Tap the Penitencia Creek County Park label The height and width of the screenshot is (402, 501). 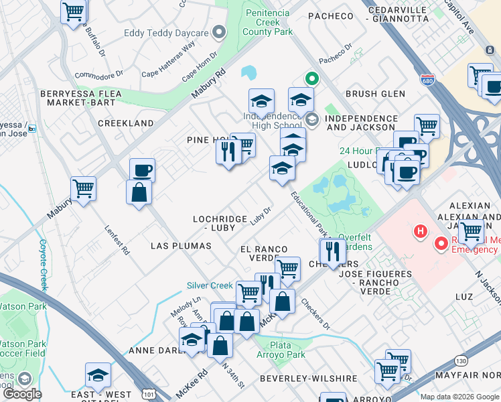(x=268, y=22)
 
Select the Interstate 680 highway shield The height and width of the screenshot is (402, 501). (x=427, y=80)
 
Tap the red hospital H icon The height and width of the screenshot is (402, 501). (x=421, y=232)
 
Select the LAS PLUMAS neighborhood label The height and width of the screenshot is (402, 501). (x=181, y=246)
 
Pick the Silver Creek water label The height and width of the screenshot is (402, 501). (x=210, y=285)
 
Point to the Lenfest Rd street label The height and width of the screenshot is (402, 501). (x=115, y=234)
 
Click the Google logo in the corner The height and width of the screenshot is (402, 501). (x=22, y=394)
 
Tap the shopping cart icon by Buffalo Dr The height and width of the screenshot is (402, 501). (x=74, y=11)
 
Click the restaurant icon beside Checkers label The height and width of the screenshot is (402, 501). (x=331, y=251)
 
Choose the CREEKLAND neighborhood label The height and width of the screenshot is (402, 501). (x=125, y=123)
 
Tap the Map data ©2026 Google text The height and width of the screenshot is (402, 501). (x=459, y=397)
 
